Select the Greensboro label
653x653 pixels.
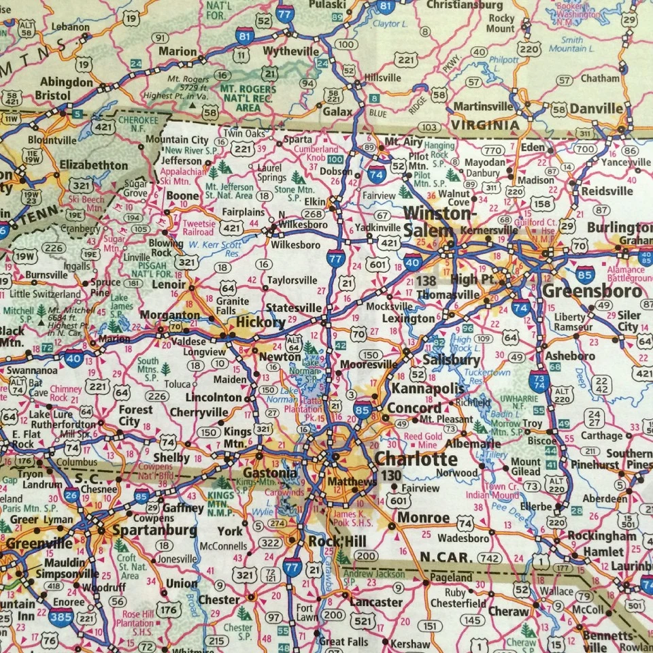pos(592,292)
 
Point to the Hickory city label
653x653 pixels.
pos(260,322)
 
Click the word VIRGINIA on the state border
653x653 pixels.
pos(484,125)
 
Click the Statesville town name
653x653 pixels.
pos(293,307)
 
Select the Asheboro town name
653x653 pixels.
pos(571,356)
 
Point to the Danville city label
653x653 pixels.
pos(596,109)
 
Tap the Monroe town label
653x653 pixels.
pos(423,518)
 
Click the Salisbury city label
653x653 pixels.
pos(451,360)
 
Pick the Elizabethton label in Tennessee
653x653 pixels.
pos(93,165)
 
